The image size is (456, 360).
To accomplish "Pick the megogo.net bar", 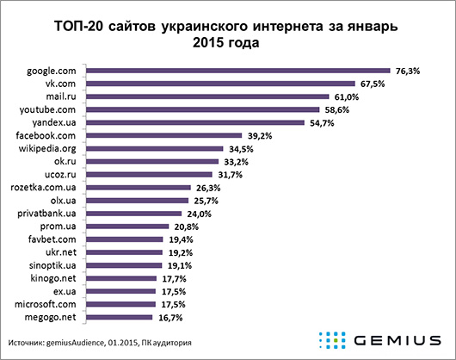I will tap(122, 317).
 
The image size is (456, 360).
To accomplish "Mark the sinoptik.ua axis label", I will tap(56, 265).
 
